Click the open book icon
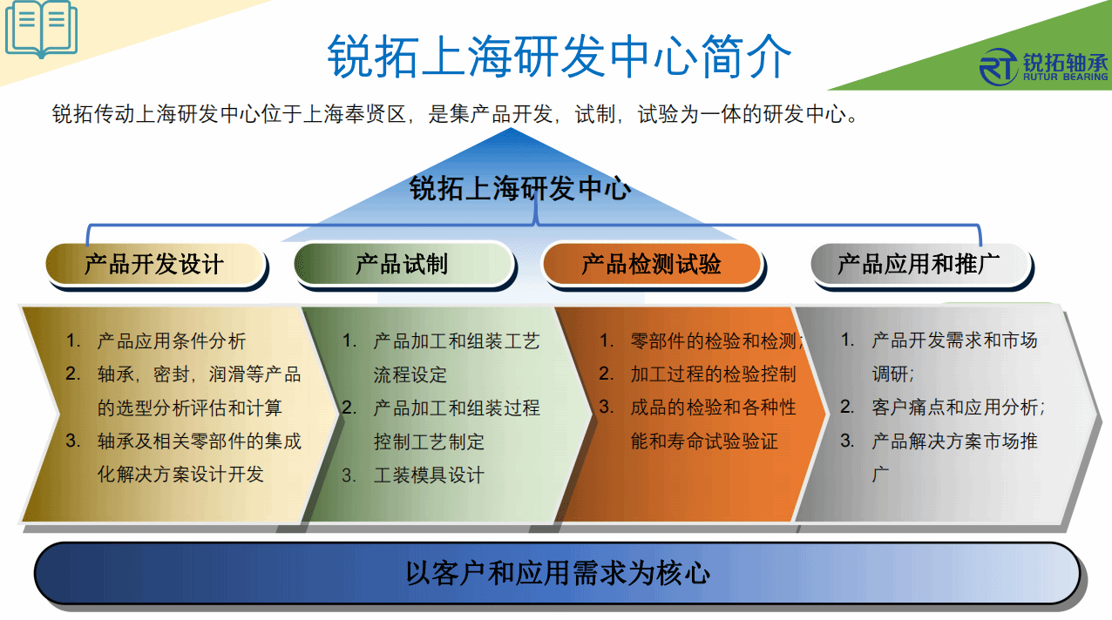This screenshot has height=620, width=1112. pyautogui.click(x=41, y=29)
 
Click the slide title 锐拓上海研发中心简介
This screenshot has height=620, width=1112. pyautogui.click(x=559, y=56)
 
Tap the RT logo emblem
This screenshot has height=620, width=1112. pyautogui.click(x=999, y=67)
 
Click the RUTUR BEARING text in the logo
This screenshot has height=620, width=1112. pyautogui.click(x=1065, y=77)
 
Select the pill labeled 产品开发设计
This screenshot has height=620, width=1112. pyautogui.click(x=155, y=264)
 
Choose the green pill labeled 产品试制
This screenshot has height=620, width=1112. pyautogui.click(x=403, y=264)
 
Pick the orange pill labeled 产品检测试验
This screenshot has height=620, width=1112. pyautogui.click(x=652, y=264)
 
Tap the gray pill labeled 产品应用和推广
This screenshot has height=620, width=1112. pyautogui.click(x=920, y=264)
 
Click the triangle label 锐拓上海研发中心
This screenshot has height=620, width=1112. pyautogui.click(x=519, y=188)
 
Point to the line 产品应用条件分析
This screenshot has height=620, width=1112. pyautogui.click(x=172, y=341)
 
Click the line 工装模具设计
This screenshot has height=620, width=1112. pyautogui.click(x=429, y=475)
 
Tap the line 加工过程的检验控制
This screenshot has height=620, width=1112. pyautogui.click(x=714, y=374)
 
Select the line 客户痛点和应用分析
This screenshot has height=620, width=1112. pyautogui.click(x=958, y=408)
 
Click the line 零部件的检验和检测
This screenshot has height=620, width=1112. pyautogui.click(x=714, y=341)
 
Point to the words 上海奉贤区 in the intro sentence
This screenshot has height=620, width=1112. pyautogui.click(x=356, y=114)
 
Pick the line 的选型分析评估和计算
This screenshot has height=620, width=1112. pyautogui.click(x=190, y=408)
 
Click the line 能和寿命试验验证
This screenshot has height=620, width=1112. pyautogui.click(x=704, y=441)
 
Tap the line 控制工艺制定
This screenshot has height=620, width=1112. pyautogui.click(x=429, y=441)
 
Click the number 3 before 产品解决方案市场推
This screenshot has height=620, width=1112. pyautogui.click(x=846, y=441)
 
